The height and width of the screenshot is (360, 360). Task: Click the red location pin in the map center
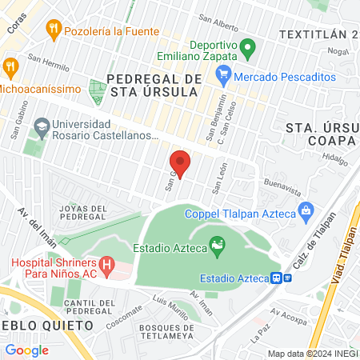[x=180, y=164]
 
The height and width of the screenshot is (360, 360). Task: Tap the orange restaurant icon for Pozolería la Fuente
[x=54, y=30]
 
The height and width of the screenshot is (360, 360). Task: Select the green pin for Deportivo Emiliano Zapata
[x=248, y=49]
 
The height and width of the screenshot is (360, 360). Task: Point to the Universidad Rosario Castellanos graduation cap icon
[x=41, y=126]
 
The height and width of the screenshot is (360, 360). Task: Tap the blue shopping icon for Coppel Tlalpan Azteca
[x=305, y=212]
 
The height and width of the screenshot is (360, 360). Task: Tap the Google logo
[x=26, y=350]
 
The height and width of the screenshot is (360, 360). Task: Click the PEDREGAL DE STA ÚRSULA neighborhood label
[x=151, y=85]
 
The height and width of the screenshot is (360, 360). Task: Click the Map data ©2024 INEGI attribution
[x=311, y=353]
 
